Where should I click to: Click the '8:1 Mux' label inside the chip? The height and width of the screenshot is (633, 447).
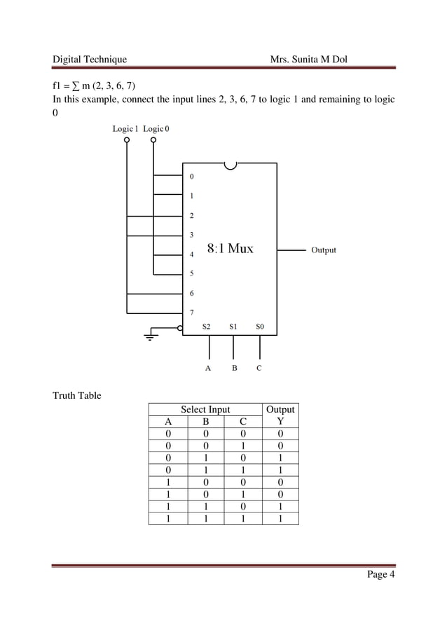(231, 248)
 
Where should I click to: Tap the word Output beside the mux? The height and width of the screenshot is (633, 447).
(323, 250)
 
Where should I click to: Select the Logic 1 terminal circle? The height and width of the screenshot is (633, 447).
(127, 139)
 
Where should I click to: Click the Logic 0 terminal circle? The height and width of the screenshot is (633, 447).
(153, 139)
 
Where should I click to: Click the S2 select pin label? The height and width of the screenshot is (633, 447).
(206, 326)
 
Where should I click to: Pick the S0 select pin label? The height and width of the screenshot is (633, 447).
(260, 326)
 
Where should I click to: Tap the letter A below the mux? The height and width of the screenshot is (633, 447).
(208, 367)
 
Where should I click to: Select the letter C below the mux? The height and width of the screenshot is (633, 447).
(259, 367)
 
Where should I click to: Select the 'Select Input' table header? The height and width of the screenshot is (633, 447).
(205, 409)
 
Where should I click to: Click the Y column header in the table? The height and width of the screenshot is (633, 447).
(280, 422)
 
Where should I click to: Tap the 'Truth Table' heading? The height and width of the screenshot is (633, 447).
(77, 396)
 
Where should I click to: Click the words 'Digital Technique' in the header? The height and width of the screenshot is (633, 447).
(90, 60)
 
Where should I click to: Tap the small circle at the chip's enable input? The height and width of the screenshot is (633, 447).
(181, 327)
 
